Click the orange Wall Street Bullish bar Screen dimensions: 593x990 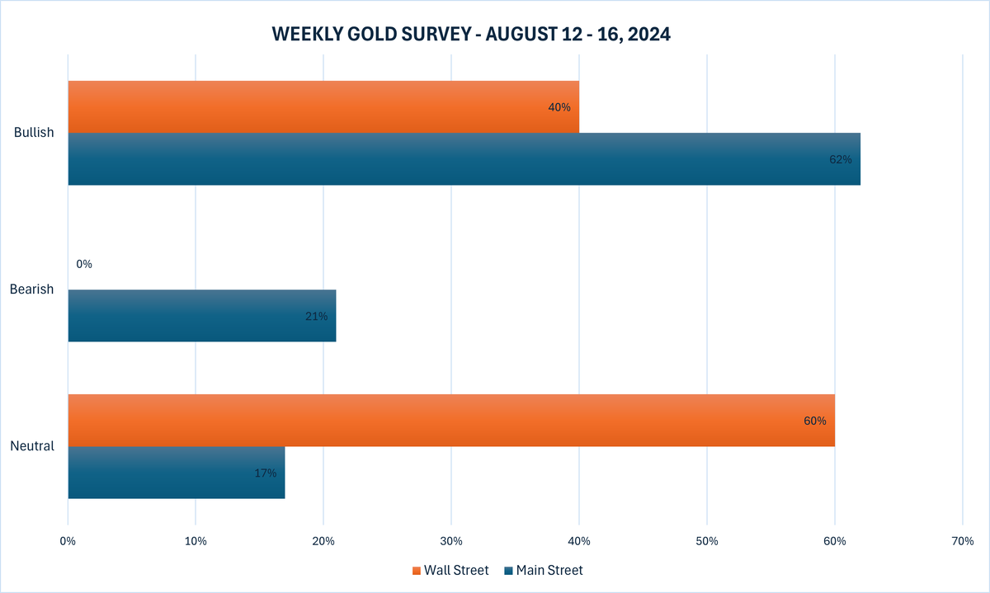point(322,106)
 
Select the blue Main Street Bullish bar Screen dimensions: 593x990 point(462,159)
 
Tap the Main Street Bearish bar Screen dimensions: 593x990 point(201,315)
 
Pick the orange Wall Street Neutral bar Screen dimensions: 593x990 point(450,421)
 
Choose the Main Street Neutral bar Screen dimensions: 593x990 point(176,473)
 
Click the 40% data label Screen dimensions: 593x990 point(559,107)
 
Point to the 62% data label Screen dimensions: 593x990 point(840,159)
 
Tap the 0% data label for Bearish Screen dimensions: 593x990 point(84,264)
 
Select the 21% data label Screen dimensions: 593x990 point(316,316)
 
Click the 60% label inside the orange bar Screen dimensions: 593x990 point(814,421)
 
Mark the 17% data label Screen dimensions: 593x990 point(265,473)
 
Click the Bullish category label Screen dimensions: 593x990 point(34,133)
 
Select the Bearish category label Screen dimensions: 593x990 point(32,289)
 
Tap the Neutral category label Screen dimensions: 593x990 point(32,446)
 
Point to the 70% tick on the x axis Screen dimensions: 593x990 point(962,542)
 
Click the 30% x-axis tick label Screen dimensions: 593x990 point(450,542)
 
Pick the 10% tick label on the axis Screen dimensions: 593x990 point(196,542)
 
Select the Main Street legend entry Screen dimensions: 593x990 point(544,570)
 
